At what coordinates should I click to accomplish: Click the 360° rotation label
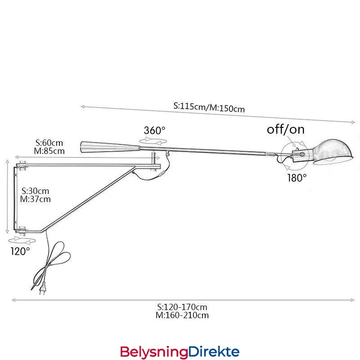154,130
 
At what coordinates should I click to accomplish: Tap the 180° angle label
297,178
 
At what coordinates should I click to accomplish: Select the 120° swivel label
20,251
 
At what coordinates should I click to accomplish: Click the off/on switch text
286,129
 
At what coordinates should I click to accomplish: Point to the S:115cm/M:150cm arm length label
209,107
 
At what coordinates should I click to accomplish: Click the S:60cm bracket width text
49,143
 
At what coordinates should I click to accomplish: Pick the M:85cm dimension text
49,151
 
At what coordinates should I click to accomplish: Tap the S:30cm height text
35,191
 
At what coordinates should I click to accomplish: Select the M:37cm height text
35,199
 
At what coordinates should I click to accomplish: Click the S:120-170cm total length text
182,307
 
